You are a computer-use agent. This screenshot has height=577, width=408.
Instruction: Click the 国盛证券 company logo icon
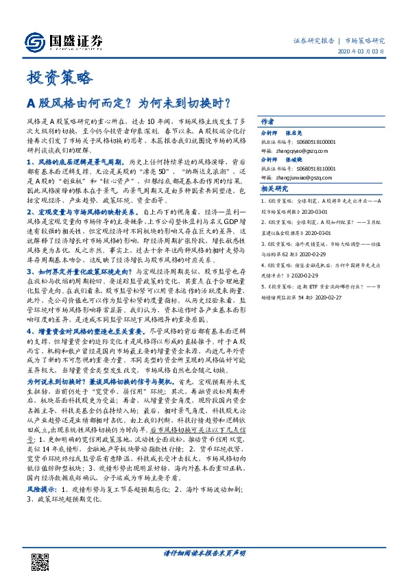click(34, 40)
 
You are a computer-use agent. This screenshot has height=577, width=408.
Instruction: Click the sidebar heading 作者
click(267, 119)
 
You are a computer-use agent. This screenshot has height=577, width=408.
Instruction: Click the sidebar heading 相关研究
click(273, 188)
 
